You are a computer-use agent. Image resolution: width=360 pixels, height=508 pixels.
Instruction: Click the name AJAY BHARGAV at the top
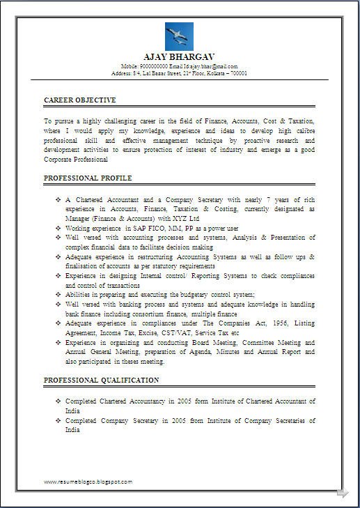click(179, 57)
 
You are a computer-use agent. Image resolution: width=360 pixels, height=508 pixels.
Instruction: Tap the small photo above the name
click(179, 36)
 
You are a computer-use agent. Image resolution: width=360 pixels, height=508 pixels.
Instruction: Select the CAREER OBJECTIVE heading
click(80, 100)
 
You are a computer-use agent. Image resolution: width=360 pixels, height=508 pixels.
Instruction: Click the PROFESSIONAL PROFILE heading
click(88, 178)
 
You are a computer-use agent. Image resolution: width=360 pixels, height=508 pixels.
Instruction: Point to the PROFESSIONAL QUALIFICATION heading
click(102, 380)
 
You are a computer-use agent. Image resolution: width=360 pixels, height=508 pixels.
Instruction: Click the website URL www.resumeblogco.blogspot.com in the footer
click(88, 482)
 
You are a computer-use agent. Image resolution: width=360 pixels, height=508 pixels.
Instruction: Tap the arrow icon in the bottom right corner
click(342, 493)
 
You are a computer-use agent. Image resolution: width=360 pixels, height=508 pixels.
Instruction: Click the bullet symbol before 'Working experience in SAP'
click(58, 228)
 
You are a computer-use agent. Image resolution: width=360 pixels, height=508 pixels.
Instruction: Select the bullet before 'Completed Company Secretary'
click(58, 421)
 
